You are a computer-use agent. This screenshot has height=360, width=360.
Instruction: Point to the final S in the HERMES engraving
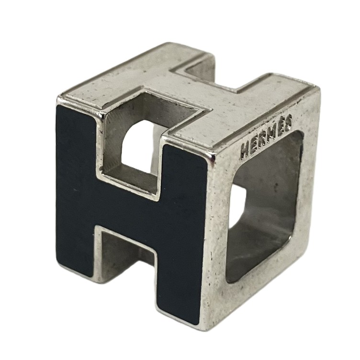pos(287,122)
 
